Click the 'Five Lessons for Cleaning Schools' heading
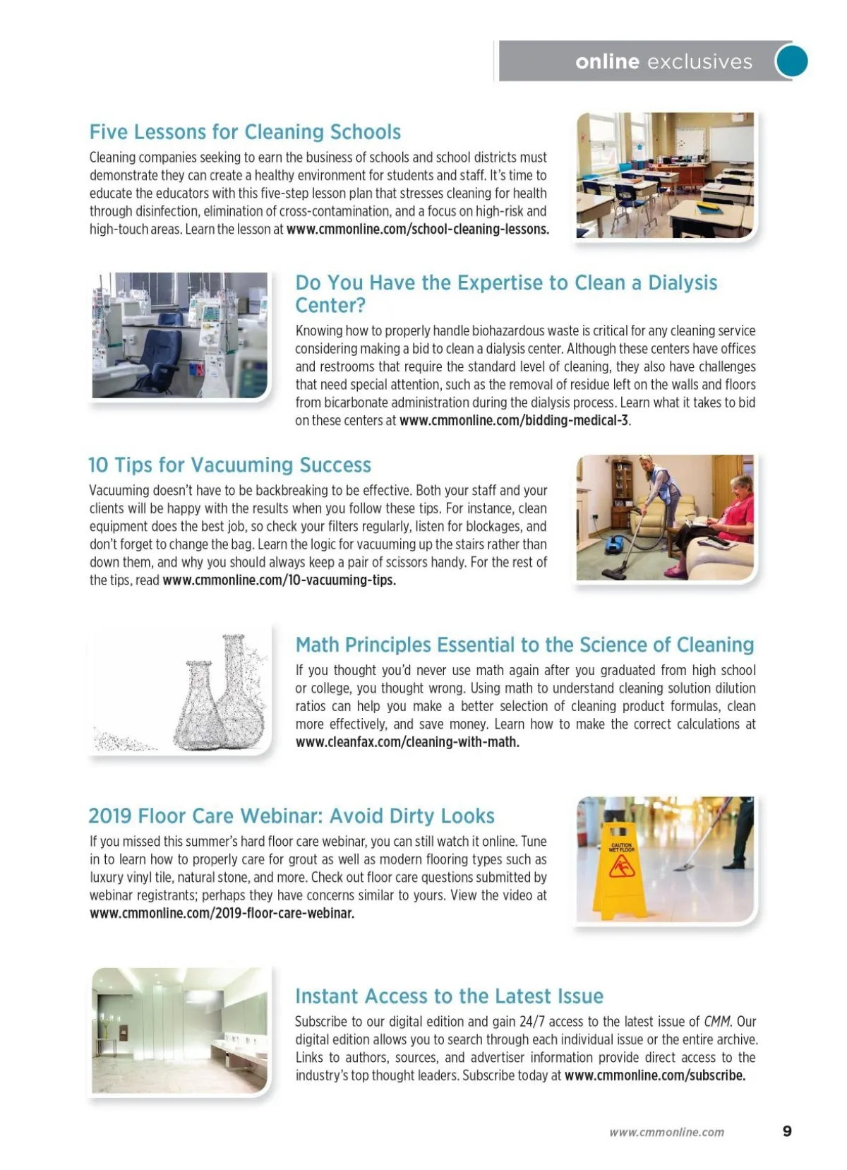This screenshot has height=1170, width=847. pyautogui.click(x=245, y=132)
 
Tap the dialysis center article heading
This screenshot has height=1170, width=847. pyautogui.click(x=506, y=293)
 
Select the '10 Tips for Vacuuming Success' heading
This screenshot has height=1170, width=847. pyautogui.click(x=229, y=465)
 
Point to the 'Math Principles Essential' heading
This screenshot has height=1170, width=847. pyautogui.click(x=524, y=645)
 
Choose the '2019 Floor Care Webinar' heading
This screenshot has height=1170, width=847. pyautogui.click(x=291, y=816)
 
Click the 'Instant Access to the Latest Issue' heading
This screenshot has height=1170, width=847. pyautogui.click(x=449, y=996)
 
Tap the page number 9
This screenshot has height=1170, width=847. pyautogui.click(x=787, y=1131)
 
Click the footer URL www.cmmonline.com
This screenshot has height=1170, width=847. pyautogui.click(x=666, y=1132)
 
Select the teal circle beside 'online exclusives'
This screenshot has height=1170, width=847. pyautogui.click(x=791, y=61)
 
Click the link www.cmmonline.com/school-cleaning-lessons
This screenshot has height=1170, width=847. pyautogui.click(x=417, y=229)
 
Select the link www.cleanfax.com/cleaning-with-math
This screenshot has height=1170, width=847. pyautogui.click(x=407, y=742)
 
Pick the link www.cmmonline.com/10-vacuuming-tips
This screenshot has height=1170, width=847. pyautogui.click(x=279, y=580)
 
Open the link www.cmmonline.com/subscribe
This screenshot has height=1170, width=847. pyautogui.click(x=654, y=1075)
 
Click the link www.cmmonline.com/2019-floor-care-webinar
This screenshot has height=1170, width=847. pyautogui.click(x=222, y=913)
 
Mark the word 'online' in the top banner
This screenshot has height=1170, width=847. pyautogui.click(x=607, y=61)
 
